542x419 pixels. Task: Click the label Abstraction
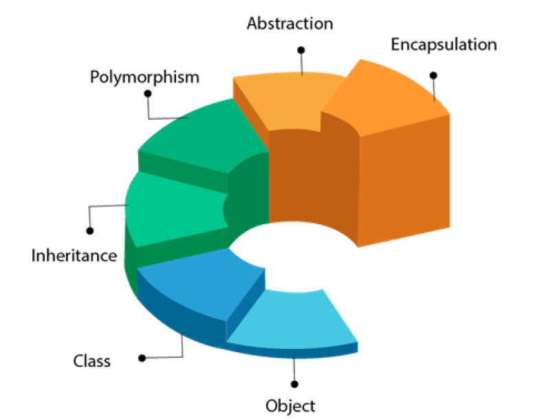pos(290,24)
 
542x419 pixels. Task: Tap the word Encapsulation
pos(443,45)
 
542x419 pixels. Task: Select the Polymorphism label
pos(144,76)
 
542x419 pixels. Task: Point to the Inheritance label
pos(74,256)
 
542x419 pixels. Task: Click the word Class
pos(91,361)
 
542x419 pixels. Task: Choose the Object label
pos(290,405)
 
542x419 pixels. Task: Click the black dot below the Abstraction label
pos(301,50)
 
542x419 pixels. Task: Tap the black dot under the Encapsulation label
pos(433,75)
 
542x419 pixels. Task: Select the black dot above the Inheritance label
pos(89,231)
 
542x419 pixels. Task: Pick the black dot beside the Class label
pos(142,358)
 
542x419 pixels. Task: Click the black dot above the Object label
pos(294,384)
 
